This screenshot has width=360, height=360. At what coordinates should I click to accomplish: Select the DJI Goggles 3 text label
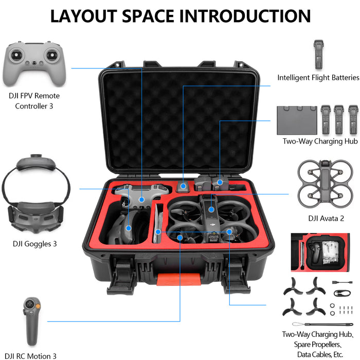tap(35, 244)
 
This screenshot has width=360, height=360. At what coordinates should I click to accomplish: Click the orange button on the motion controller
tap(31, 307)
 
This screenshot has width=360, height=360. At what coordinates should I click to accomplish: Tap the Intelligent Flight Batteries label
tap(318, 78)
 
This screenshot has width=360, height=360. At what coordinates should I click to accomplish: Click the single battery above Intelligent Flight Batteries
tap(317, 54)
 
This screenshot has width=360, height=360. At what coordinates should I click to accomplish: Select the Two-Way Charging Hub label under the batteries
tap(320, 141)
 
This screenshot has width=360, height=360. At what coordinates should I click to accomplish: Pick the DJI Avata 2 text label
tap(326, 218)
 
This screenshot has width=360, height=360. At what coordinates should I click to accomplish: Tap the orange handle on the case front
tap(179, 280)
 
